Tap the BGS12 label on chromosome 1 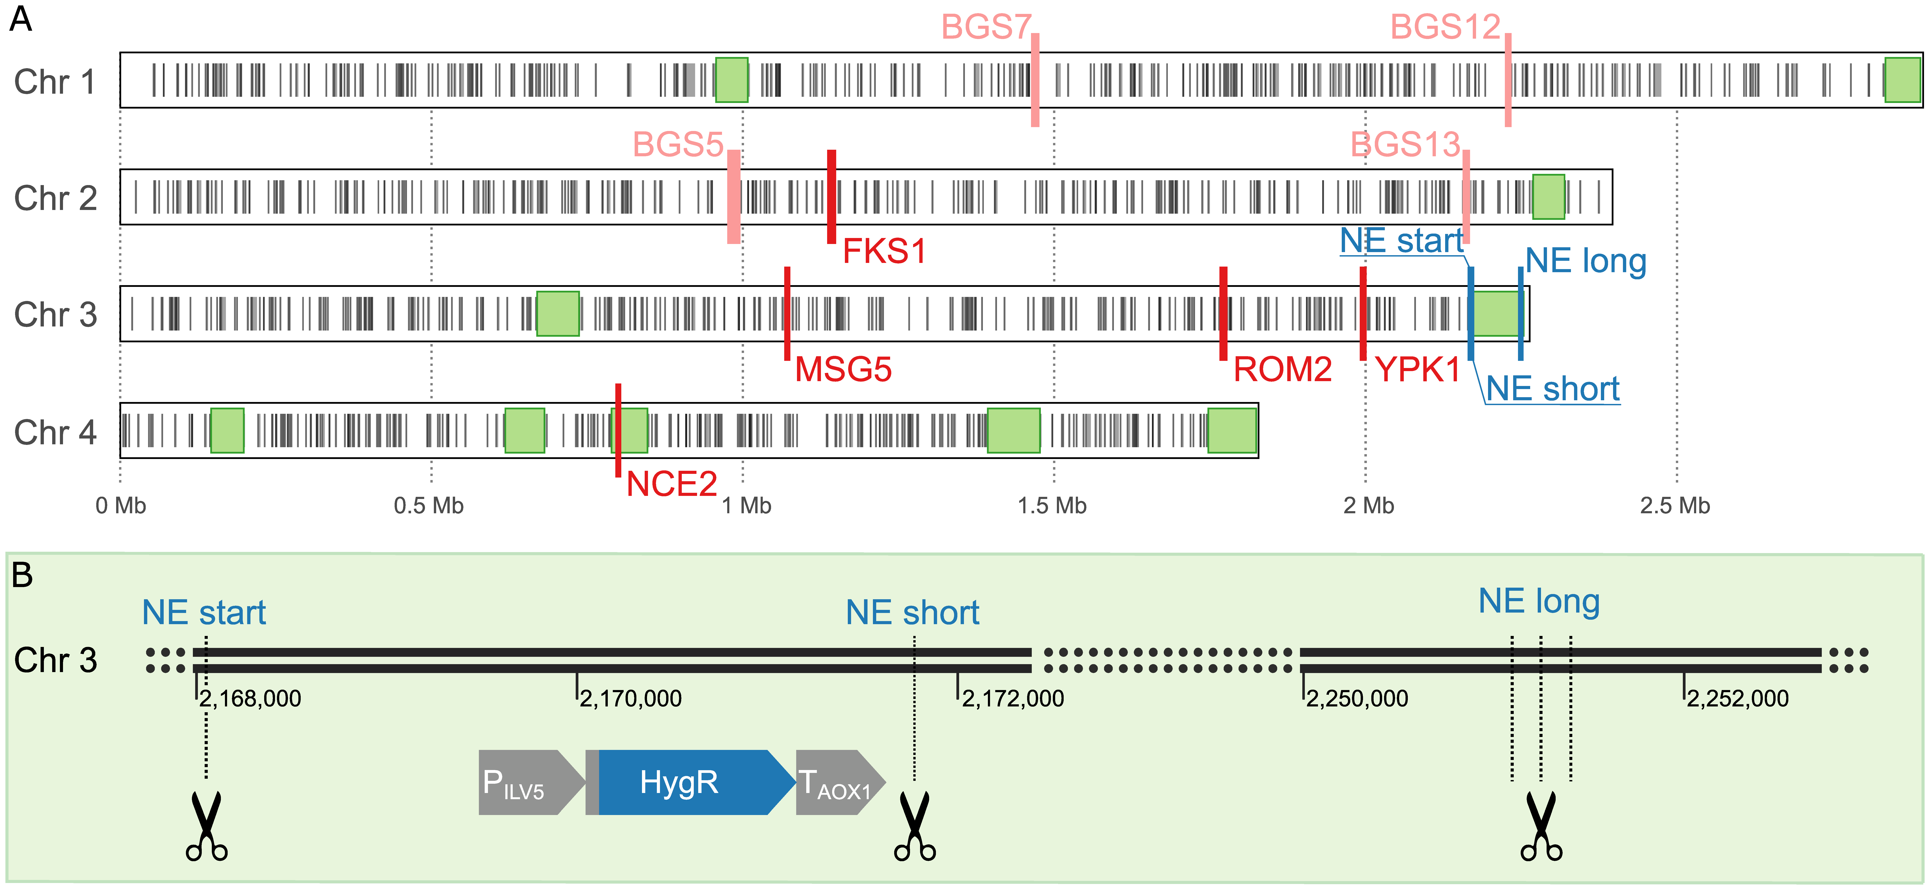[1445, 28]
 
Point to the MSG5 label [843, 369]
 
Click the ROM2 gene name [1282, 369]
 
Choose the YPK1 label [1418, 369]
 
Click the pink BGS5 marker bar [734, 196]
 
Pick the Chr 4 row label [55, 432]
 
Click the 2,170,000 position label [630, 699]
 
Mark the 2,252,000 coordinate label [1737, 699]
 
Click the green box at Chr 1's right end [1902, 80]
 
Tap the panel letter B [22, 575]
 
